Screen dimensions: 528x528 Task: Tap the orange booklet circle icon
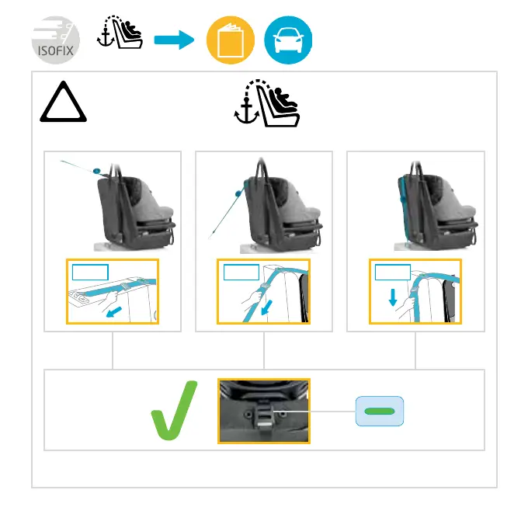(230, 40)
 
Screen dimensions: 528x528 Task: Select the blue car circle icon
(289, 40)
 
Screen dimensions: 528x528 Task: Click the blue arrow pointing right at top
(173, 40)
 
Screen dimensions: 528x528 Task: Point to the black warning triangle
(63, 105)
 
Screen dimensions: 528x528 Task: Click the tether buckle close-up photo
(264, 411)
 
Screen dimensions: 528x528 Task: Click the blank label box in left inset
(89, 272)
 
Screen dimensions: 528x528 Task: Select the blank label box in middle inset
(240, 272)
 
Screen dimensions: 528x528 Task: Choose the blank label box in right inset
(392, 272)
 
